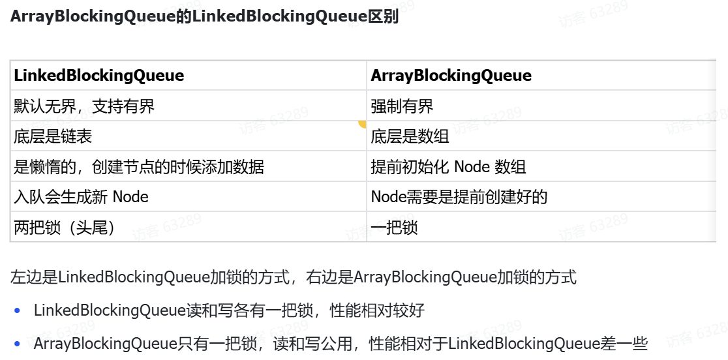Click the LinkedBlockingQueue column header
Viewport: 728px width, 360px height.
pyautogui.click(x=99, y=76)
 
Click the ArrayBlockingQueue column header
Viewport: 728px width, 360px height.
pyautogui.click(x=451, y=76)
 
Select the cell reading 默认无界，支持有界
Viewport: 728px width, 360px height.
pyautogui.click(x=84, y=106)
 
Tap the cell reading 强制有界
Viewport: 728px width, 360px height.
pyautogui.click(x=402, y=106)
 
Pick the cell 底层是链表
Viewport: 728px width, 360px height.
pyautogui.click(x=53, y=136)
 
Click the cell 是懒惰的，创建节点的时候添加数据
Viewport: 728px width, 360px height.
pyautogui.click(x=139, y=166)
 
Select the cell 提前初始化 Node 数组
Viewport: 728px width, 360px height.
pyautogui.click(x=448, y=166)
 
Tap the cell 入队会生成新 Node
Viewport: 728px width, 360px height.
pyautogui.click(x=81, y=196)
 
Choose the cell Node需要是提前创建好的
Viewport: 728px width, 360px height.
pyautogui.click(x=459, y=196)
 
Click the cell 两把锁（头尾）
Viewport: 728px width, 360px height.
pyautogui.click(x=64, y=227)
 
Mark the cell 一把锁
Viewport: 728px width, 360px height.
pyautogui.click(x=394, y=227)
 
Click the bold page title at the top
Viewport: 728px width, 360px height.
pyautogui.click(x=204, y=17)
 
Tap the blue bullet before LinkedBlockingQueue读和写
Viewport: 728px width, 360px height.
pyautogui.click(x=17, y=311)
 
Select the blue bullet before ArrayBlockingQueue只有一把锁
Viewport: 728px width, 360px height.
pyautogui.click(x=17, y=344)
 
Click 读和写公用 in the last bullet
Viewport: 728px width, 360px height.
pyautogui.click(x=319, y=343)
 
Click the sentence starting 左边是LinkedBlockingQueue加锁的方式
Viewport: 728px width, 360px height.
pyautogui.click(x=294, y=277)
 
